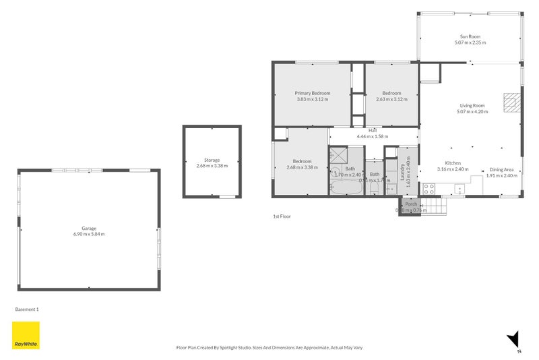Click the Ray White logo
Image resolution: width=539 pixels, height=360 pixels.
(x=26, y=335)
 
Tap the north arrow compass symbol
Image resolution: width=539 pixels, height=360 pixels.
(x=515, y=341)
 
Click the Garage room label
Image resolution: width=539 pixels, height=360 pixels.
(x=89, y=228)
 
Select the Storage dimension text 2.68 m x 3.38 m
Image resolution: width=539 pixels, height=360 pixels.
(x=212, y=166)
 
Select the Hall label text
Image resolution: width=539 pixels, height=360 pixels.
(x=372, y=131)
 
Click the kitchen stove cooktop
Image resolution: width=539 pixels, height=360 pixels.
(x=428, y=189)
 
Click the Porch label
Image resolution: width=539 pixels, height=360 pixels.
(x=410, y=204)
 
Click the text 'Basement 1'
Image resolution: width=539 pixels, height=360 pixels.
(x=27, y=309)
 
